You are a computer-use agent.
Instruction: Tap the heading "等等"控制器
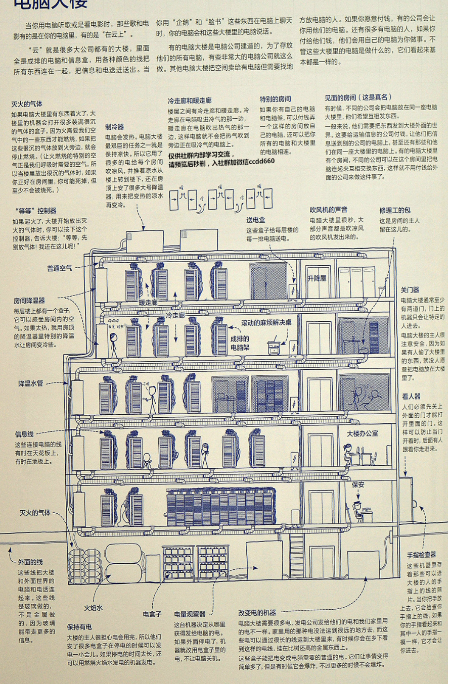[36, 210]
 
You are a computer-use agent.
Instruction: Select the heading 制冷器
[115, 126]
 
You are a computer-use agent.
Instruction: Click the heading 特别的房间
[275, 99]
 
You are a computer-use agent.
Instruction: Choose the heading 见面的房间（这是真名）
[358, 97]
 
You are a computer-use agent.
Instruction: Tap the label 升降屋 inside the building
[317, 278]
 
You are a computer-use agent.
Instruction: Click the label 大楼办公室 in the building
[362, 433]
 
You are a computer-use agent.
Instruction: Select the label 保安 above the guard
[358, 484]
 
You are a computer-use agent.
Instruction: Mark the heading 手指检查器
[421, 555]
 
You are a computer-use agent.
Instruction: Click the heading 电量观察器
[190, 614]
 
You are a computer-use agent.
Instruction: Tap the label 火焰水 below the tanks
[94, 608]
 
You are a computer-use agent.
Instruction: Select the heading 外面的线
[30, 562]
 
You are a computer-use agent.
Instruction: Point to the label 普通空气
[60, 268]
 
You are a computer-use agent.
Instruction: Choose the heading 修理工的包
[395, 210]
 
